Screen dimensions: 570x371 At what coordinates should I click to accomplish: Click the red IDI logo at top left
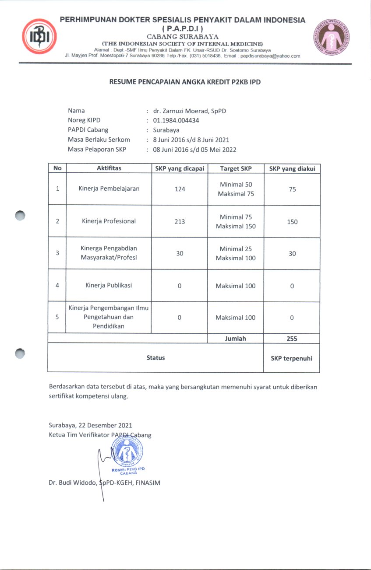[39, 37]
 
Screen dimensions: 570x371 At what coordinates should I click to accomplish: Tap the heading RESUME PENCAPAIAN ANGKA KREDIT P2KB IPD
[185, 82]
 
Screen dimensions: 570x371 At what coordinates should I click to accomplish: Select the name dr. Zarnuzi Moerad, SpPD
[190, 111]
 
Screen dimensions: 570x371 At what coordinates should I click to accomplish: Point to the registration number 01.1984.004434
[176, 120]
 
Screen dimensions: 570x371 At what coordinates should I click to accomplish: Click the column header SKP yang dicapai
[180, 168]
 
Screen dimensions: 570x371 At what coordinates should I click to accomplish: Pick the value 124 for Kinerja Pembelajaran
[180, 189]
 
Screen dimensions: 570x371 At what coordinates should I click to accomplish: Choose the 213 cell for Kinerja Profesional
[180, 221]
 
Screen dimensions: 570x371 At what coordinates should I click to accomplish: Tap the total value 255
[292, 338]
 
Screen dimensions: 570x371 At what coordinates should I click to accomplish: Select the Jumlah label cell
[236, 338]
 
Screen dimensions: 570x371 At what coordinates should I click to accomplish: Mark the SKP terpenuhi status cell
[292, 358]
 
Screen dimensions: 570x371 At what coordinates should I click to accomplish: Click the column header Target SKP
[236, 168]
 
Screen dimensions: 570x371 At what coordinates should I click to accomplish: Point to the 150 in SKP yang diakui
[292, 222]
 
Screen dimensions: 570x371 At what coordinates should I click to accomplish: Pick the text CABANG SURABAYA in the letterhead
[183, 36]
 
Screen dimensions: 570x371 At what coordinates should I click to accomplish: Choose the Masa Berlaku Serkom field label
[99, 140]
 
